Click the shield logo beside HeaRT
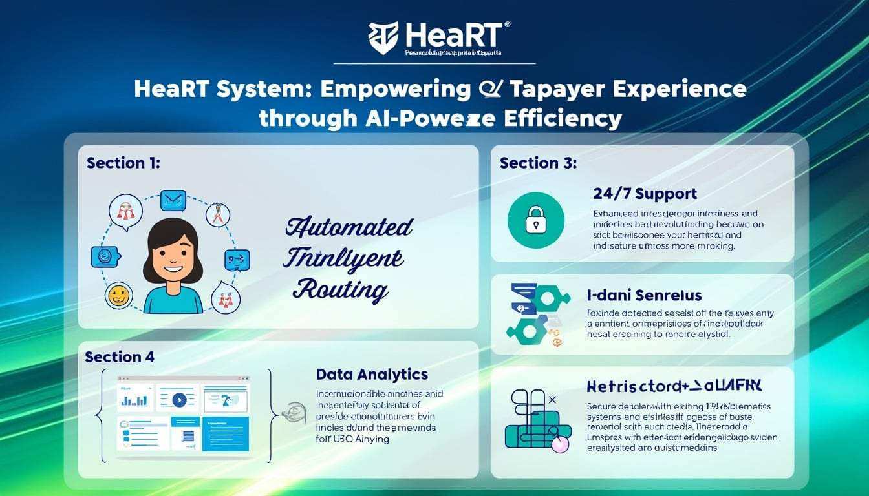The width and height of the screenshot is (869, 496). tap(383, 37)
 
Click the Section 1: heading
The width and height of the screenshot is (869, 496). tap(123, 163)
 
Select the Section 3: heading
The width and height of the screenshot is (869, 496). tap(538, 163)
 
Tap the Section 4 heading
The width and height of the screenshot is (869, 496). tap(120, 357)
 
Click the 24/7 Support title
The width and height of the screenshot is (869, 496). tap(645, 193)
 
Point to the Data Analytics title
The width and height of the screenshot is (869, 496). tap(372, 374)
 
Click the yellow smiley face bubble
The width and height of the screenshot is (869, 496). tap(118, 296)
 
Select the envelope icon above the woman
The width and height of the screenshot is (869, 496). tap(173, 200)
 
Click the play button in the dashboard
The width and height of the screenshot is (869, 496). tap(179, 400)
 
